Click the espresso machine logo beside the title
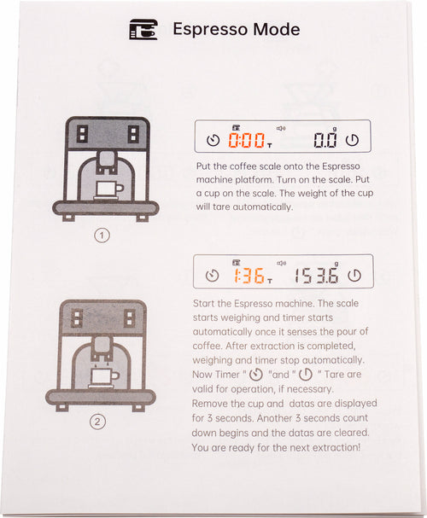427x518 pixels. point(143,29)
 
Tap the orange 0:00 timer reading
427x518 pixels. point(247,140)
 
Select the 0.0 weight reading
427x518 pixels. point(325,140)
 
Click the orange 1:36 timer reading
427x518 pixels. point(249,276)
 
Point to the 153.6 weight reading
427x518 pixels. point(317,276)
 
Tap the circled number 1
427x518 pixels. point(102,236)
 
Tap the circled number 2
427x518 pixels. point(97,422)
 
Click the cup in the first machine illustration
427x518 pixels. point(108,189)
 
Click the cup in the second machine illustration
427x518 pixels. point(104,377)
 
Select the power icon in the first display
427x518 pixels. point(352,140)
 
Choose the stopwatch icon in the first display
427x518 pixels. point(213,140)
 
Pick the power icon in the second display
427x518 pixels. point(354,276)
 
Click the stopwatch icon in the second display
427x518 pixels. point(212,275)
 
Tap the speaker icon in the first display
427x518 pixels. point(281,128)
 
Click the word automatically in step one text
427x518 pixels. point(262,207)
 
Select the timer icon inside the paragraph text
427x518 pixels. point(256,375)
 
